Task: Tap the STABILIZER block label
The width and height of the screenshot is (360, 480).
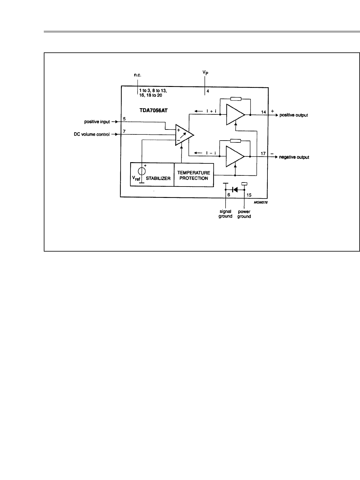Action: point(158,178)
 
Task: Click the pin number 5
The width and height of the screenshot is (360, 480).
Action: point(124,119)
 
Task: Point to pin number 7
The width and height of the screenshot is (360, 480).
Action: point(124,131)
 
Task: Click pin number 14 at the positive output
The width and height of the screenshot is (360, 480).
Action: point(263,112)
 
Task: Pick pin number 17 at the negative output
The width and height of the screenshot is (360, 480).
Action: point(263,154)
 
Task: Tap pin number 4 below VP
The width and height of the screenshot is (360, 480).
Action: point(208,91)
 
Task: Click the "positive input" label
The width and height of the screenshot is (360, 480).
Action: point(97,122)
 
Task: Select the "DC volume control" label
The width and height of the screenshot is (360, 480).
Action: point(92,134)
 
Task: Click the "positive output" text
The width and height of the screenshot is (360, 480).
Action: point(294,115)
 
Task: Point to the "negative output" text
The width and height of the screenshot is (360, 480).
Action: point(294,157)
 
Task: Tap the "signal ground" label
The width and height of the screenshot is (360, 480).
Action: point(226,214)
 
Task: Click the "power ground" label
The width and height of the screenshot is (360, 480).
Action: point(244,214)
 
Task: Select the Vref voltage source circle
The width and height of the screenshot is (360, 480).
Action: point(142,171)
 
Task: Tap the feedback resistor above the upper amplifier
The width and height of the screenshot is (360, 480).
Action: point(235,99)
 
